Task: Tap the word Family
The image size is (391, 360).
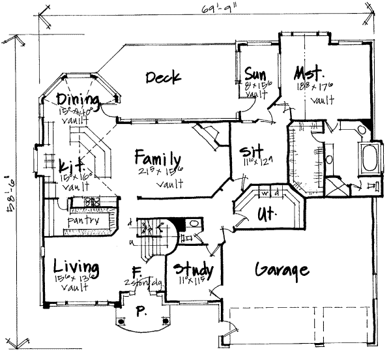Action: point(158,158)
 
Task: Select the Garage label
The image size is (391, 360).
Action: point(282,270)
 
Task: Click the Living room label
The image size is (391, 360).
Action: point(76,268)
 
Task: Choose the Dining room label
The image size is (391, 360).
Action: point(78,100)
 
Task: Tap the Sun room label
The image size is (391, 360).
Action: point(254,72)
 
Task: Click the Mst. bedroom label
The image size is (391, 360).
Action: point(309,71)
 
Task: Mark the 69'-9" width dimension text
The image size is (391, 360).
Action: point(205,8)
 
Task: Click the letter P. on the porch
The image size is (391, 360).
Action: point(139,312)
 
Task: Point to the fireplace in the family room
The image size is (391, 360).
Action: point(209,137)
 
